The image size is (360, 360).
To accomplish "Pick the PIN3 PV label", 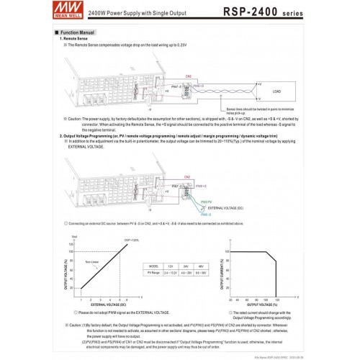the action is (204, 201).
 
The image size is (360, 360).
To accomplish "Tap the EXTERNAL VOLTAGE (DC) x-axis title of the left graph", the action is (105, 305).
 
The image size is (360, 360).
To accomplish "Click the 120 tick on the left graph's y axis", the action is (71, 243).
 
